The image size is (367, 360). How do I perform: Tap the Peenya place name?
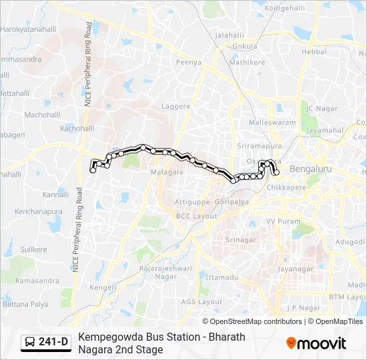point(188,63)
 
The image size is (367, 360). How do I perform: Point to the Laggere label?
point(176,106)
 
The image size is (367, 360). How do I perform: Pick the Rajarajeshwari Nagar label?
point(157,272)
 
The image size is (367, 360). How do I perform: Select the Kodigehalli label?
point(284,7)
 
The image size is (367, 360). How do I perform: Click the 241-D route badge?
point(46,342)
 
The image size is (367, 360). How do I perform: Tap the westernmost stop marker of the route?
point(93,171)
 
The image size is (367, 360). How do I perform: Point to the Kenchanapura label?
point(39,211)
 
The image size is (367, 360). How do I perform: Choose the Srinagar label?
point(241,239)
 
